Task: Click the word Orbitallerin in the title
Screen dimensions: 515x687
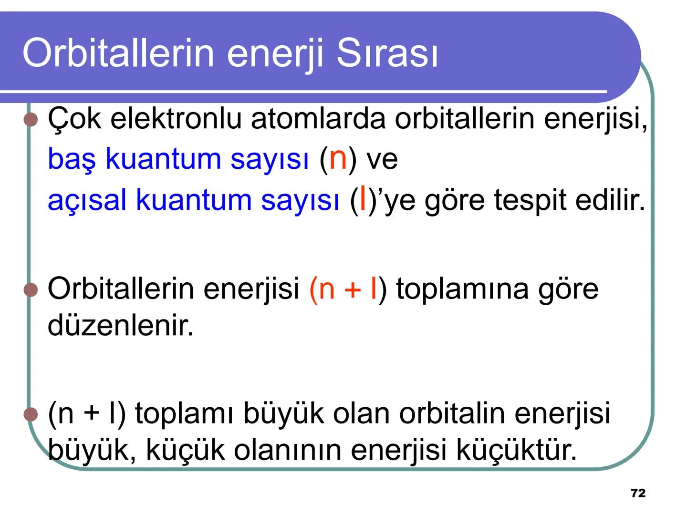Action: pyautogui.click(x=118, y=52)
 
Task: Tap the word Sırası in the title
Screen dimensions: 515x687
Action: pyautogui.click(x=386, y=52)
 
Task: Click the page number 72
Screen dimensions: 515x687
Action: pyautogui.click(x=638, y=493)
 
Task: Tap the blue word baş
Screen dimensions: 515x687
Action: pyautogui.click(x=72, y=158)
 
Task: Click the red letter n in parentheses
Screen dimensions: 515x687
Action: pyautogui.click(x=338, y=158)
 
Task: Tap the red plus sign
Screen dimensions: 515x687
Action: pyautogui.click(x=353, y=290)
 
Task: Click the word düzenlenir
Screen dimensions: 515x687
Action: pyautogui.click(x=121, y=326)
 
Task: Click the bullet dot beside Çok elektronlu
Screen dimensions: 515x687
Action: pyautogui.click(x=31, y=119)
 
